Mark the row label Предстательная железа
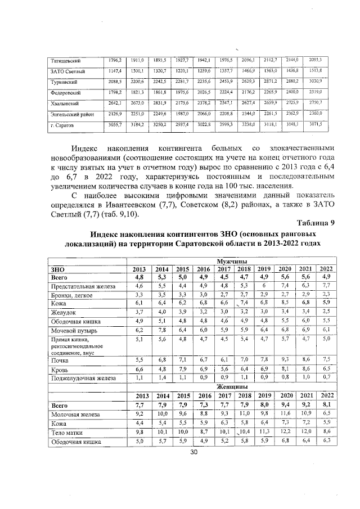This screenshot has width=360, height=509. [80, 286]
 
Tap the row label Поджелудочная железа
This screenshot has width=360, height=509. [83, 379]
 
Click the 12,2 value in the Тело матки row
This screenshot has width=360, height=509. [286, 431]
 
